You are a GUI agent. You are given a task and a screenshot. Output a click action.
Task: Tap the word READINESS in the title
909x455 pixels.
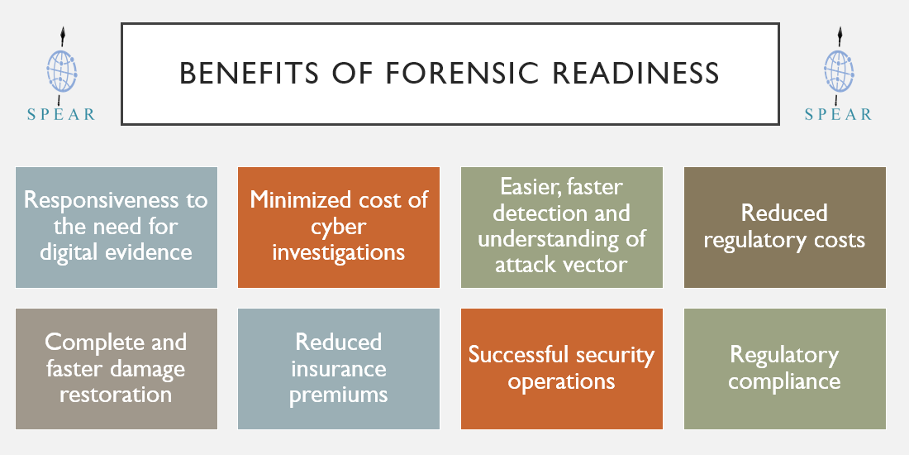(636, 74)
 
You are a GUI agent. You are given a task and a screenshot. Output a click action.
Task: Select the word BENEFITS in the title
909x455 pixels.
(250, 74)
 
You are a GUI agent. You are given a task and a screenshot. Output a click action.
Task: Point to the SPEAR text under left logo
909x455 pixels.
(61, 114)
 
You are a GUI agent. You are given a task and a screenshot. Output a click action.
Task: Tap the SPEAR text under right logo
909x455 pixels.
(838, 114)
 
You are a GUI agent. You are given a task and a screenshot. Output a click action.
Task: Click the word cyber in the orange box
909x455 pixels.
(339, 227)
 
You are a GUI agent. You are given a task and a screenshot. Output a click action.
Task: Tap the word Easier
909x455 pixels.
(526, 187)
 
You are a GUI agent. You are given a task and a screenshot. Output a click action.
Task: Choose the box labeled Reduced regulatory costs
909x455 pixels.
(785, 227)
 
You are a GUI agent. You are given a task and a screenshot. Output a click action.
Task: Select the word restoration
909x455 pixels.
(116, 395)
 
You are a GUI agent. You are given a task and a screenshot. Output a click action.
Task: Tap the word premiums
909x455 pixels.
(339, 395)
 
